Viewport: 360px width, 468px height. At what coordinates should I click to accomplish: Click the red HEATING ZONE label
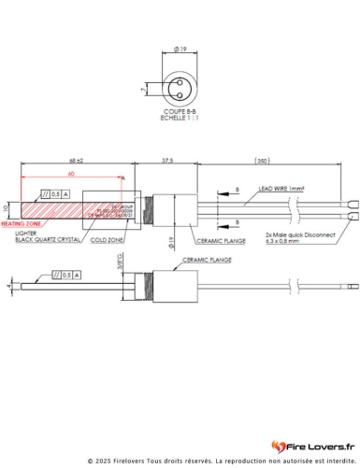[x=21, y=225]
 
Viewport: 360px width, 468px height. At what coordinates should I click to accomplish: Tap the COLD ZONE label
[x=107, y=240]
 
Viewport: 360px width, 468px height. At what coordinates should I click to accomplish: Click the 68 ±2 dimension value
[x=76, y=162]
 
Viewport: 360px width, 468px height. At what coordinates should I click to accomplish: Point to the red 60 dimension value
[x=70, y=174]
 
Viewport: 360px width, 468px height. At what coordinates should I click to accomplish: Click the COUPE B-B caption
[x=179, y=110]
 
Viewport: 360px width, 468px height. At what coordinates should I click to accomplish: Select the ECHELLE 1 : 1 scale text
[x=179, y=117]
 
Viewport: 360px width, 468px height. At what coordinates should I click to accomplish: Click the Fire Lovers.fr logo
[x=312, y=446]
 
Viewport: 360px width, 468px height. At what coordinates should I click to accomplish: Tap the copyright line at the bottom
[x=180, y=461]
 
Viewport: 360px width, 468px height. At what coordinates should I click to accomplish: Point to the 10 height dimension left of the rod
[x=6, y=207]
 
